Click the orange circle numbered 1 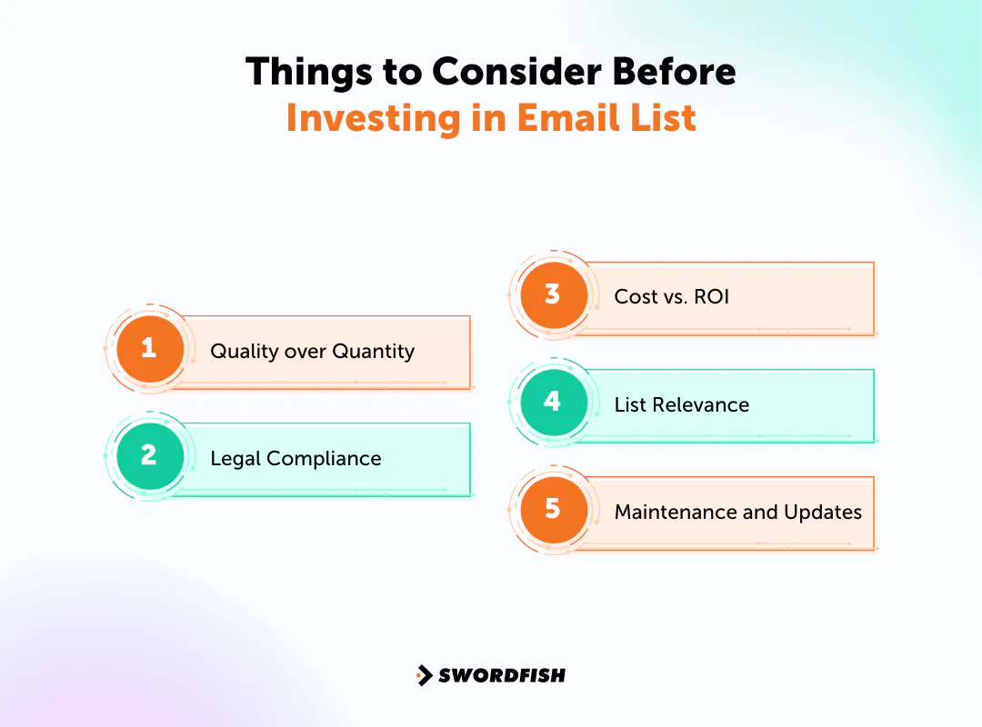pyautogui.click(x=149, y=349)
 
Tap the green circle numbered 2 pyautogui.click(x=149, y=456)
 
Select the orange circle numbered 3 pyautogui.click(x=553, y=295)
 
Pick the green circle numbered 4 pyautogui.click(x=553, y=403)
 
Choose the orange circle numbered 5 pyautogui.click(x=553, y=510)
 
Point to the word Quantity pyautogui.click(x=374, y=352)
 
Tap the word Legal pyautogui.click(x=234, y=459)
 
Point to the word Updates pyautogui.click(x=822, y=512)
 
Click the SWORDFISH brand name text pyautogui.click(x=501, y=675)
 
